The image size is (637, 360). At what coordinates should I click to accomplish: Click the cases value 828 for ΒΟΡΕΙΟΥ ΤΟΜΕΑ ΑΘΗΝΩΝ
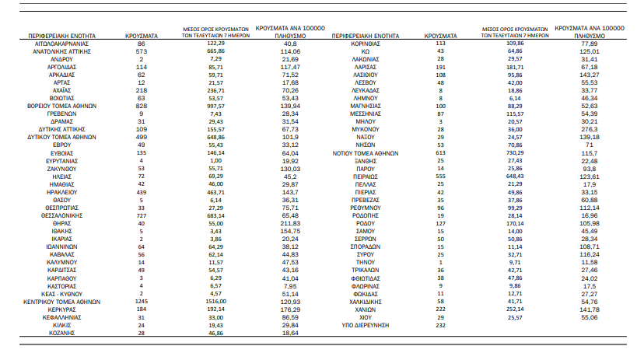[x=142, y=104]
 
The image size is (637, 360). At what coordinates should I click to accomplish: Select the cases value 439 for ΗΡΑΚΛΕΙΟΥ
[x=142, y=191]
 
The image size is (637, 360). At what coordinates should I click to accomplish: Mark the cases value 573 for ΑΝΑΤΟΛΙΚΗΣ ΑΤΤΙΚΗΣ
[x=142, y=51]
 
